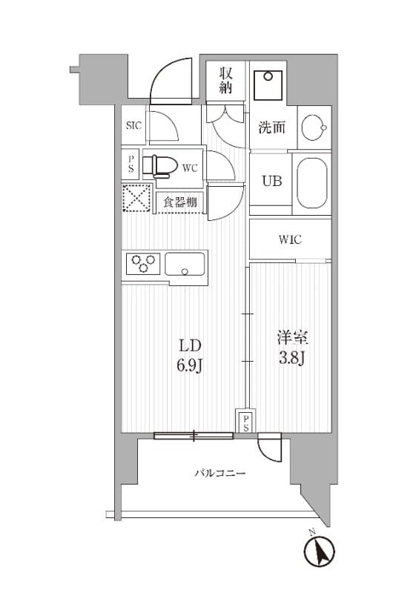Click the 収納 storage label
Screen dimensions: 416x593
(225, 80)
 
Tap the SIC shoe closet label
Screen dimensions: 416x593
(134, 125)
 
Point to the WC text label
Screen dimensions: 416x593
(190, 168)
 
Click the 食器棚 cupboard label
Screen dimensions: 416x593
(180, 202)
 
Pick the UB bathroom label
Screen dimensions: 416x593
(272, 181)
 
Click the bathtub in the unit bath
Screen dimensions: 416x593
(312, 183)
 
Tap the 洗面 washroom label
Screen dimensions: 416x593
(272, 127)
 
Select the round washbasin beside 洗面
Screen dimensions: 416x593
(314, 127)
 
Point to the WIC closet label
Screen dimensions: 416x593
(291, 239)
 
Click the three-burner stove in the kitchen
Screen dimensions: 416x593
(143, 263)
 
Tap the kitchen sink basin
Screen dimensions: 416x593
(185, 264)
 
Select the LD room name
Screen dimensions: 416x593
(190, 345)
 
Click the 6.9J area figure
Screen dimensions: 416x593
(191, 365)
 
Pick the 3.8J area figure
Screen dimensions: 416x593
(292, 358)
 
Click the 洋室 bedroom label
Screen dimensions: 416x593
(293, 338)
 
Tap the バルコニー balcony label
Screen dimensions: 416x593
(220, 473)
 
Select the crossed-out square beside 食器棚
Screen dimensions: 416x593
(136, 197)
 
